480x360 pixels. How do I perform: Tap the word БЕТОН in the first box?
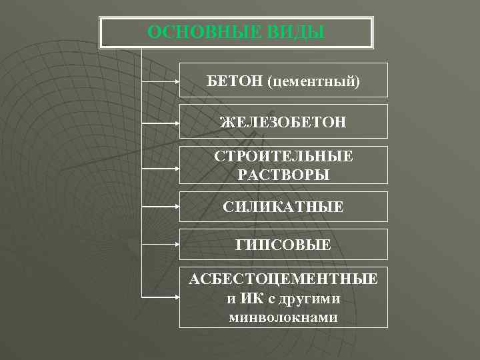[235, 81]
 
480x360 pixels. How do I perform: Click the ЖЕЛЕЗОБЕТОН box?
[283, 122]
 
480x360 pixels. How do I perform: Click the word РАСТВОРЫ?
[283, 174]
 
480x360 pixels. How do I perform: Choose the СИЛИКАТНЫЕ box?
[283, 207]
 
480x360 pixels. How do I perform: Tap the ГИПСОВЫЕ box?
[283, 245]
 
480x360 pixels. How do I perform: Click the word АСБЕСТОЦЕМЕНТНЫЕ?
[283, 277]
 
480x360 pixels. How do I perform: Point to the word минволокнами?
[283, 317]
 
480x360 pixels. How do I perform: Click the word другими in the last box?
[309, 297]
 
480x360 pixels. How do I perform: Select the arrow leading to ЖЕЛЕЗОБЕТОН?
[161, 123]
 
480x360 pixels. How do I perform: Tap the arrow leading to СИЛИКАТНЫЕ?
[161, 207]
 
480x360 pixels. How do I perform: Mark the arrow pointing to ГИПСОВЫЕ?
[161, 245]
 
